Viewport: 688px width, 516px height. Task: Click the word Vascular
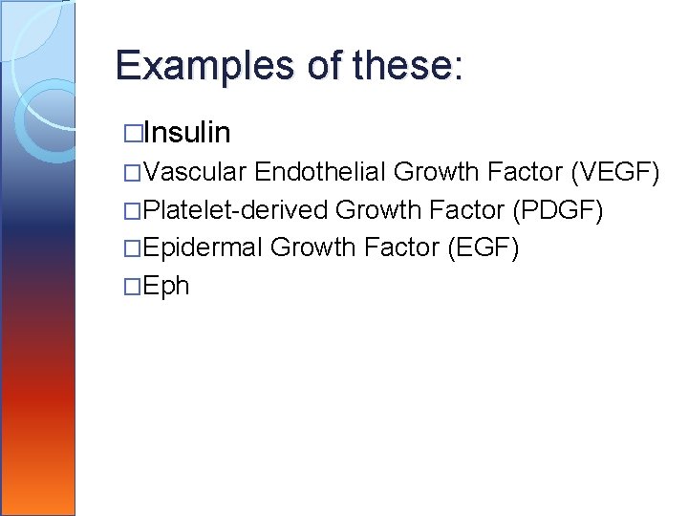pos(197,172)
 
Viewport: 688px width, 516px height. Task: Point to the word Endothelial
pos(321,172)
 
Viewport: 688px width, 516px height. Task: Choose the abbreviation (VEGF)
pos(614,172)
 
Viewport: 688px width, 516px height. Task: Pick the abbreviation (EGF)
pos(483,248)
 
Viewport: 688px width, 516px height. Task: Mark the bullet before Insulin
pos(133,133)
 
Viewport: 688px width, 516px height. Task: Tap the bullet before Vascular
pos(133,173)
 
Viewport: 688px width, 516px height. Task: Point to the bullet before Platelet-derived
pos(133,211)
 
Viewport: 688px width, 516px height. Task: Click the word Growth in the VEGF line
pos(437,172)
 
